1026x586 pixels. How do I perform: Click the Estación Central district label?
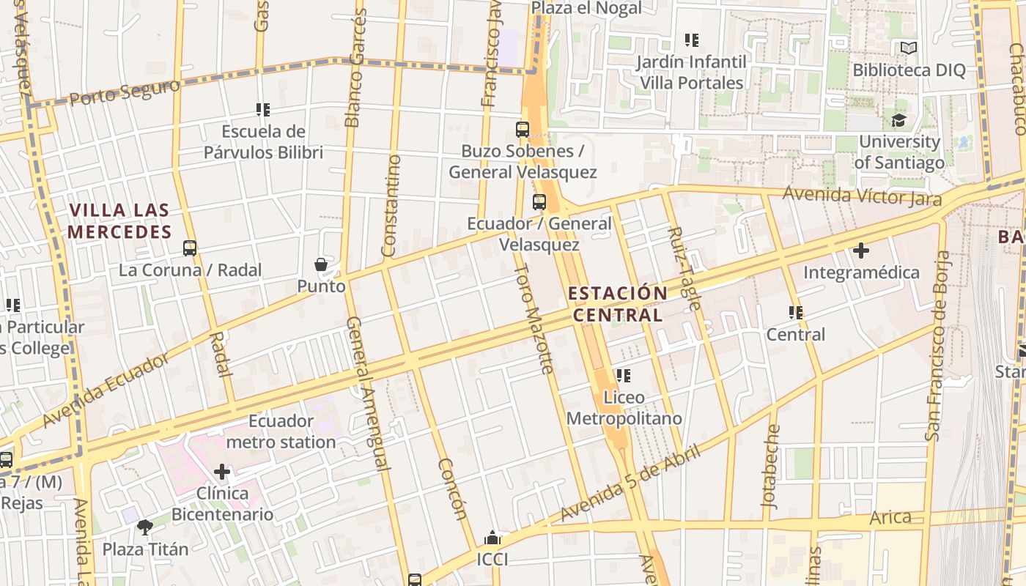click(x=618, y=304)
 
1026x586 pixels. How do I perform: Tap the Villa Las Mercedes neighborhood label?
click(x=119, y=221)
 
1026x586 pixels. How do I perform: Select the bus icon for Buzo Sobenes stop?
click(x=523, y=130)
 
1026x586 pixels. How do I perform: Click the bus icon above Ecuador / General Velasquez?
click(x=539, y=202)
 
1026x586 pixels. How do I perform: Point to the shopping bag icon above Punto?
click(x=321, y=264)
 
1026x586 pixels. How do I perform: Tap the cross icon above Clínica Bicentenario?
click(x=222, y=472)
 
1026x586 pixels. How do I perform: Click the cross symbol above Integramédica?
click(x=861, y=251)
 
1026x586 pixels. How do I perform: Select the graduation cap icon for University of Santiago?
click(x=899, y=120)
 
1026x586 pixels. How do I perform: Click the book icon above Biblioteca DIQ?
click(x=909, y=48)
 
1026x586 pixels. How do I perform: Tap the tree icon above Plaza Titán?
click(x=145, y=527)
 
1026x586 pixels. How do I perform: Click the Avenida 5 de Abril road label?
click(x=631, y=483)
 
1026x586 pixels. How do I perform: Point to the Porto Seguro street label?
click(x=125, y=93)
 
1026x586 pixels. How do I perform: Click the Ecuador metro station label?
click(x=281, y=431)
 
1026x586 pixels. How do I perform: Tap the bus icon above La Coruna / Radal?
click(x=190, y=248)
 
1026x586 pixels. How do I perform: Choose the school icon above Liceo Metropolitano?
click(x=624, y=376)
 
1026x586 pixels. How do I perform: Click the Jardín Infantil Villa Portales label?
click(x=691, y=73)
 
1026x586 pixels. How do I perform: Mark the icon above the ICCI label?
click(x=492, y=538)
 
